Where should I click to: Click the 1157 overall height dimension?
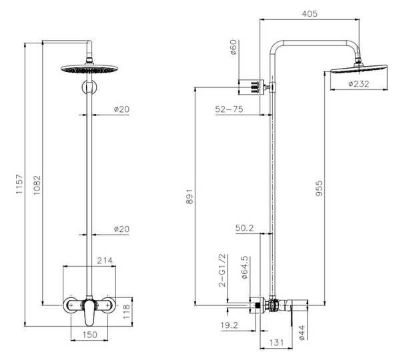[x=19, y=184]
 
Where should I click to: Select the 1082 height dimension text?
[x=37, y=185]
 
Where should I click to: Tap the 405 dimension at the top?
[x=310, y=14]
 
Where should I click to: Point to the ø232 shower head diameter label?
[x=359, y=84]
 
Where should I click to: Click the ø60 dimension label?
[x=234, y=47]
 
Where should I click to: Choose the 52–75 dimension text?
[x=229, y=109]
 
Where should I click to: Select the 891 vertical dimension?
[x=189, y=197]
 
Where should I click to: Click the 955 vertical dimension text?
[x=319, y=189]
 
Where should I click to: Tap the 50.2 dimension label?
[x=244, y=228]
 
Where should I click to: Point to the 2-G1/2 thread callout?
[x=222, y=271]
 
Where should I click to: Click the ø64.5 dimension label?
[x=244, y=267]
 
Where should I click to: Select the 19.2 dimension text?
[x=229, y=325]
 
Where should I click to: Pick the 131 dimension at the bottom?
[x=276, y=343]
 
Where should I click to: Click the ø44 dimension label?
[x=302, y=333]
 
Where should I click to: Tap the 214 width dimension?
[x=105, y=261]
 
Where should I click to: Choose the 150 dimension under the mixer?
[x=90, y=335]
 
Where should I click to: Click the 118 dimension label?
[x=126, y=311]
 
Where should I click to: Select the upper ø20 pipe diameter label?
[x=121, y=109]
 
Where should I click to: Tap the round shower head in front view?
[x=89, y=69]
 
